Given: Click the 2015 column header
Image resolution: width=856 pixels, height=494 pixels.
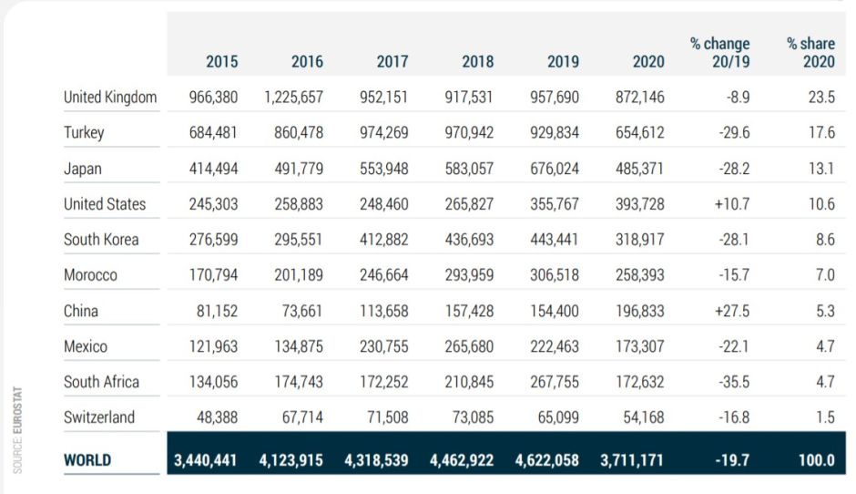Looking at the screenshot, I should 221,62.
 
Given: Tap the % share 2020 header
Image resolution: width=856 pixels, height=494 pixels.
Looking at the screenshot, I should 810,53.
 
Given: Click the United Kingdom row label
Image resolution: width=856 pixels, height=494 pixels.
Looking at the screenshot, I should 110,98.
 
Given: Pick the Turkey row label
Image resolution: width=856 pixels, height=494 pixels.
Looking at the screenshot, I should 84,133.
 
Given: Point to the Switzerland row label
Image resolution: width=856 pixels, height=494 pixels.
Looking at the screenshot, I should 99,417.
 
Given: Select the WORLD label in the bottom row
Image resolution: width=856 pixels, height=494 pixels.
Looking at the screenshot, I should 87,460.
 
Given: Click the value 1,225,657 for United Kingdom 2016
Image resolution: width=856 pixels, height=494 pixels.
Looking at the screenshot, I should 293,98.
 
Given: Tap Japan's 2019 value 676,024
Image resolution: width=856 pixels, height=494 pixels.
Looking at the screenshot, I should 554,169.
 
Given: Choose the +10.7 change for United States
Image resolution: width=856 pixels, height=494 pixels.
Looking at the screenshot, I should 732,204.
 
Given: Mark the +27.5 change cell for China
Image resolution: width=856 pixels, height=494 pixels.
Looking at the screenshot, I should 732,311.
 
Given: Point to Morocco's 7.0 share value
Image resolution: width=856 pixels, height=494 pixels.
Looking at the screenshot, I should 823,275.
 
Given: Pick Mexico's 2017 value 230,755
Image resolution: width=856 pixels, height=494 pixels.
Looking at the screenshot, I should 383,346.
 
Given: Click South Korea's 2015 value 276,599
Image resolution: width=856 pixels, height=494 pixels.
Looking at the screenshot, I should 213,240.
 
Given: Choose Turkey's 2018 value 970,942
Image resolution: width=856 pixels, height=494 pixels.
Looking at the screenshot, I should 469,133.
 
